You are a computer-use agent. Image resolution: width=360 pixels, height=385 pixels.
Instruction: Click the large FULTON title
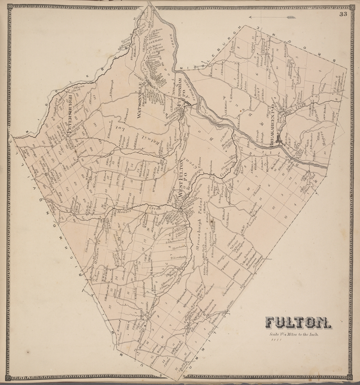298,322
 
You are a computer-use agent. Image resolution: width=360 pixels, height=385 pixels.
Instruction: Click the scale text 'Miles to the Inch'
298,335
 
